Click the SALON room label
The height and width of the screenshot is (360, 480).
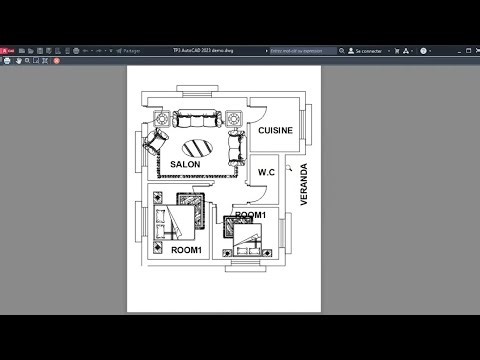[x=184, y=164]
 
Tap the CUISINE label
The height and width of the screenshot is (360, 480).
[x=276, y=131]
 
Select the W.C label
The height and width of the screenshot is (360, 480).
[x=266, y=172]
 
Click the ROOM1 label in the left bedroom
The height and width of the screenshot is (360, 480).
[x=186, y=249]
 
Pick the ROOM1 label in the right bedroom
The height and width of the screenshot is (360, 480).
[x=250, y=215]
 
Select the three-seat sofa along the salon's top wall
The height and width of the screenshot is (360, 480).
[x=196, y=118]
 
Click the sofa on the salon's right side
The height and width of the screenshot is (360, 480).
[x=236, y=145]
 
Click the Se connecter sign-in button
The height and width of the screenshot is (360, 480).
[x=369, y=50]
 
